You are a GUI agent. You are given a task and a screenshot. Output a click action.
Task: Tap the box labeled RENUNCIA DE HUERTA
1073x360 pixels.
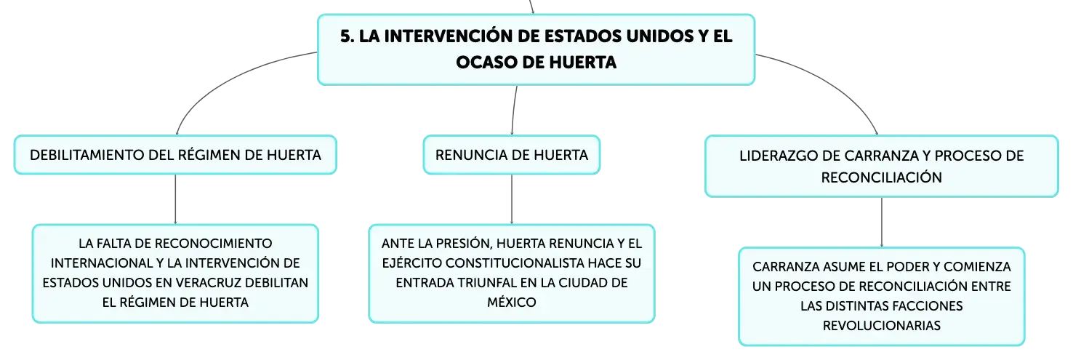(512, 155)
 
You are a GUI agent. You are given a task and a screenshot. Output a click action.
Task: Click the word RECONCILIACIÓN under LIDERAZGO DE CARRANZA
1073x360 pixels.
(881, 177)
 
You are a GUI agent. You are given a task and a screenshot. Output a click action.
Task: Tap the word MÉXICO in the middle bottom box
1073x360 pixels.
(512, 302)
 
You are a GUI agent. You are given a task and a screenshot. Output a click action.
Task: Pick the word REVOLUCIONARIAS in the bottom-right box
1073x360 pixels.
(881, 326)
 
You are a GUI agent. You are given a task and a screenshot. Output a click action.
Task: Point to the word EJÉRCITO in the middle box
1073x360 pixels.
(411, 263)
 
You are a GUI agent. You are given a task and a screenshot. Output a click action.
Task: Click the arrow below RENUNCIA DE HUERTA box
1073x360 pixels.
(512, 199)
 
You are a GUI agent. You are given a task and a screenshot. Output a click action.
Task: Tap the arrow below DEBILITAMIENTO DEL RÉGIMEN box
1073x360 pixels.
(175, 199)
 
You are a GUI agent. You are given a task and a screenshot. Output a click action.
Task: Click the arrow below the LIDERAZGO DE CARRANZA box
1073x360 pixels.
(881, 222)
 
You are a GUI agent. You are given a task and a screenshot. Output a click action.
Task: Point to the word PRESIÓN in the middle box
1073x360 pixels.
(463, 244)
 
